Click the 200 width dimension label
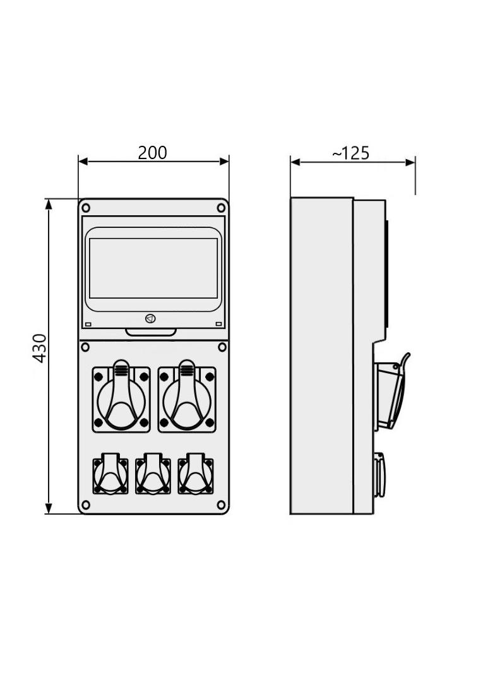click(152, 153)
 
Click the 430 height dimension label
click(40, 348)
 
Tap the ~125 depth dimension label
click(351, 153)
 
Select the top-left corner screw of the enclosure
click(86, 208)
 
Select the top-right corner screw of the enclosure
click(221, 208)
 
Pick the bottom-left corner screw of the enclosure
click(86, 504)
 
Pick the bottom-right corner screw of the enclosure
click(221, 504)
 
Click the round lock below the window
click(150, 318)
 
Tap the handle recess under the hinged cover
click(151, 332)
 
